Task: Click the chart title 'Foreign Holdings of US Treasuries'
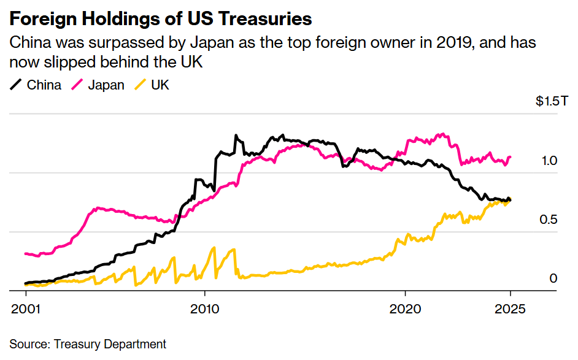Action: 160,19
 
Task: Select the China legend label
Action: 44,85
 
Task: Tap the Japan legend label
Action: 106,85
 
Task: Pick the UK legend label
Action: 160,85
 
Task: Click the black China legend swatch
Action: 17,85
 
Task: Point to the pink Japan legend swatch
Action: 78,85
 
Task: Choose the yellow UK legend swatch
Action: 141,85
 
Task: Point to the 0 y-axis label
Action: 553,278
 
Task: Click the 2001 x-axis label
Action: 25,308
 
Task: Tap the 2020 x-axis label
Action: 406,308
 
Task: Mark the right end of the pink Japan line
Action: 511,157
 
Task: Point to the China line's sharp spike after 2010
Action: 235,136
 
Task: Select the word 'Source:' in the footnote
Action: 29,344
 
